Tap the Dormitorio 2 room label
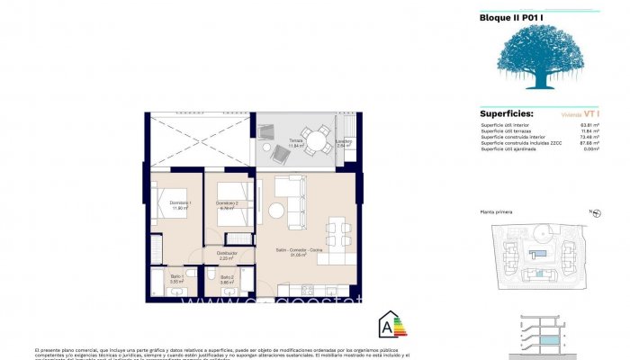(x=227, y=204)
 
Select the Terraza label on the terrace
(x=296, y=141)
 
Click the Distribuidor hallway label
(x=227, y=255)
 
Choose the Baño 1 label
(x=176, y=278)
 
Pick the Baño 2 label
(x=227, y=278)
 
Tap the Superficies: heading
(x=507, y=114)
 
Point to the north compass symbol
(x=595, y=213)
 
